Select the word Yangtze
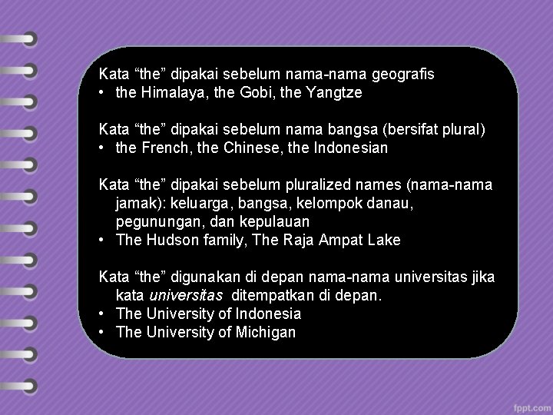point(331,93)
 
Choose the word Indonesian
point(351,148)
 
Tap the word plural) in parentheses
point(462,129)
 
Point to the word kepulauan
point(263,221)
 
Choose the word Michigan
point(267,333)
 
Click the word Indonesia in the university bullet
point(267,314)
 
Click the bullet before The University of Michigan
point(103,333)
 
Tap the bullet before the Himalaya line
point(103,93)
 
